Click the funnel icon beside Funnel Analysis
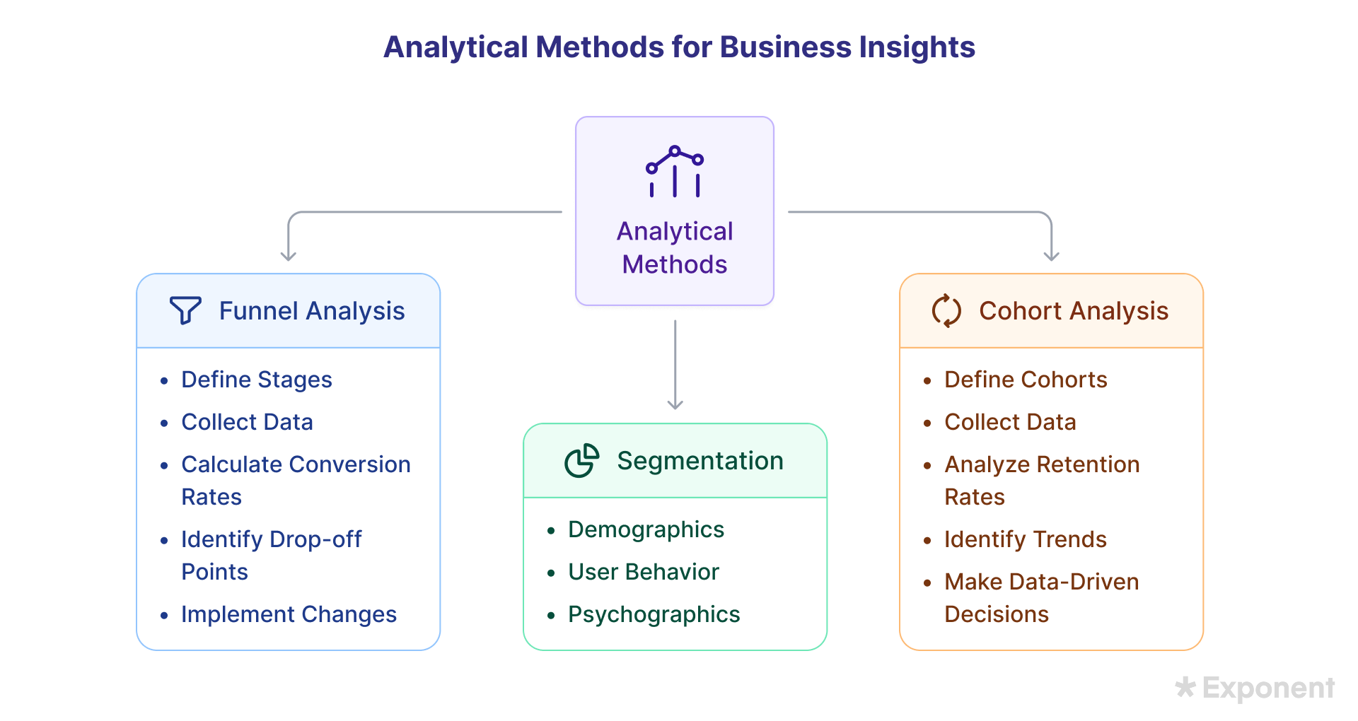[x=185, y=310]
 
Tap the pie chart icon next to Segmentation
[x=582, y=460]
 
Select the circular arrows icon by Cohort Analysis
[x=946, y=310]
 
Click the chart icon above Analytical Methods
[x=675, y=171]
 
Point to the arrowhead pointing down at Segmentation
[x=675, y=404]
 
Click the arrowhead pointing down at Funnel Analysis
[x=289, y=256]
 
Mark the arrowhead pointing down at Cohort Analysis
[x=1052, y=256]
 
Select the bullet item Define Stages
[x=257, y=380]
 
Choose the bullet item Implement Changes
[x=289, y=614]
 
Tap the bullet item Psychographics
[x=654, y=614]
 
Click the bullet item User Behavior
[x=644, y=572]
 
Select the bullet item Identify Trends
[x=1026, y=539]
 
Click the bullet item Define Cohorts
[x=1026, y=380]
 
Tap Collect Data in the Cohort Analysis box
[x=1011, y=422]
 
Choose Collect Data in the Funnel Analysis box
[x=248, y=422]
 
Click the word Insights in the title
[x=917, y=47]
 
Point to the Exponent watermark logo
[x=1255, y=688]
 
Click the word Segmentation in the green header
[x=700, y=461]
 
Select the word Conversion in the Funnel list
[x=351, y=464]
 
